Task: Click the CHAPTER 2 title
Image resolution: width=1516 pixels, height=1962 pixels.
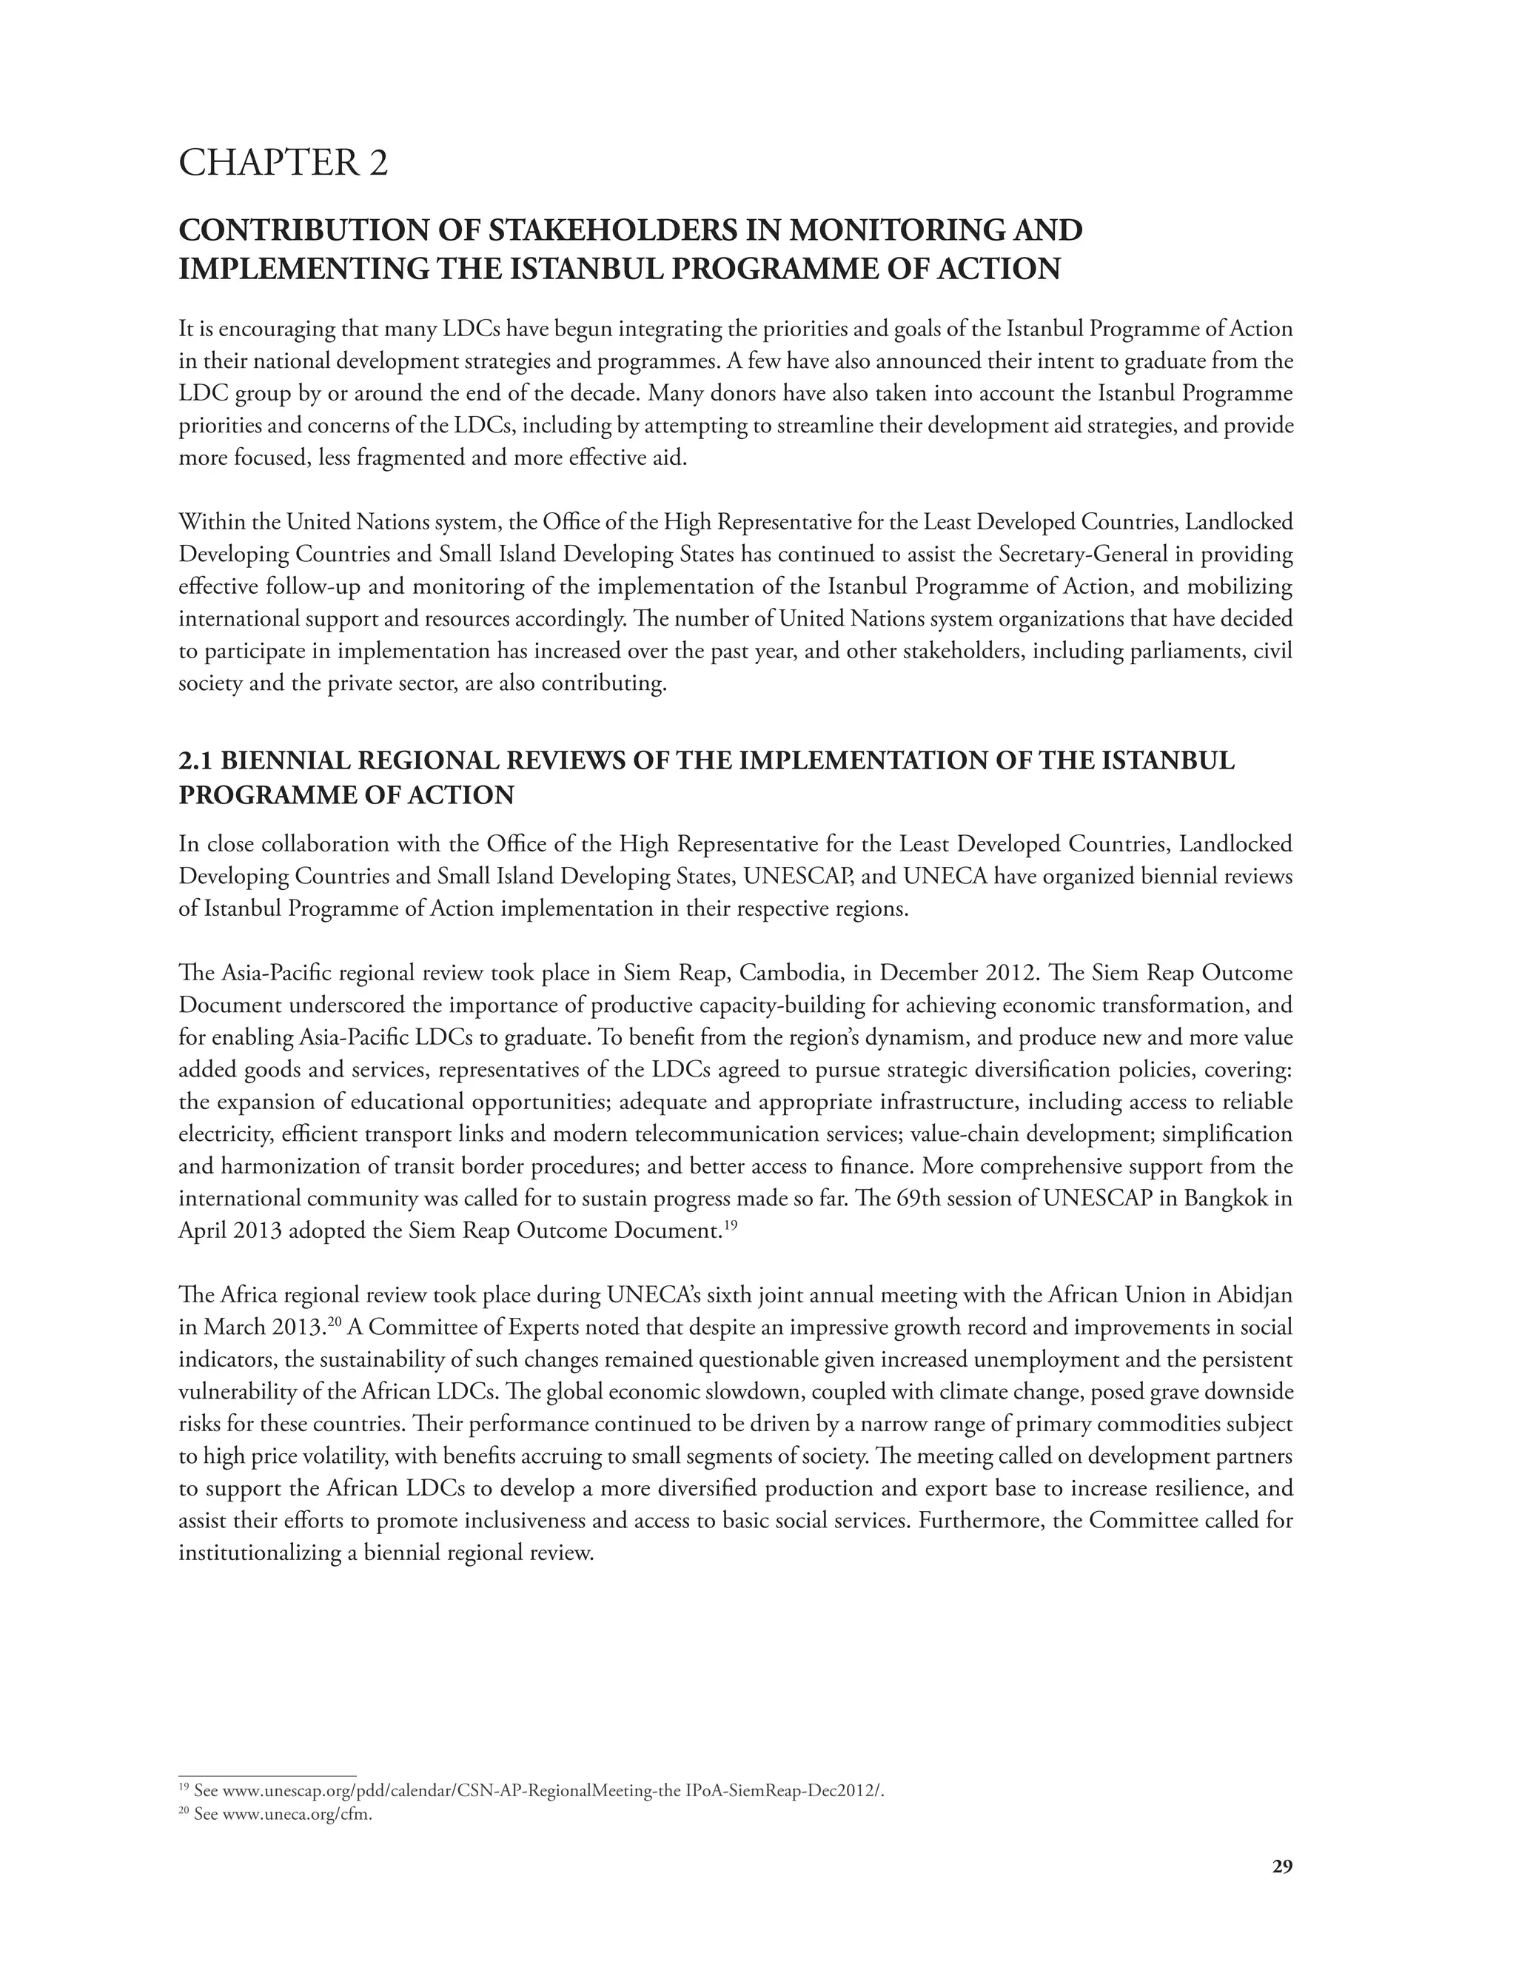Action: pos(283,164)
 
